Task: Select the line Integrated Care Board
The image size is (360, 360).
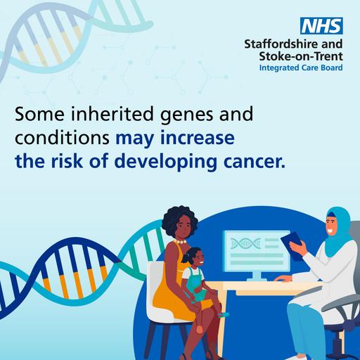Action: pos(300,69)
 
